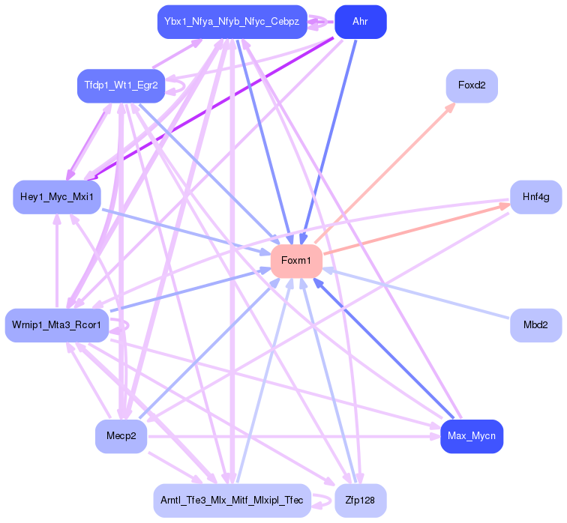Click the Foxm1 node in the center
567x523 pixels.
(296, 261)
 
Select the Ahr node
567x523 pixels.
(360, 22)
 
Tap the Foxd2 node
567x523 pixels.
(472, 85)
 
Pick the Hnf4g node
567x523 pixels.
(535, 197)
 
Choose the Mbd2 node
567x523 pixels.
(535, 325)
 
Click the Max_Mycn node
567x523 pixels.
(471, 436)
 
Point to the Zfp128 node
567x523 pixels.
(360, 500)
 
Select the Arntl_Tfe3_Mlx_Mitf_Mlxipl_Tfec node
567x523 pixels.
(232, 500)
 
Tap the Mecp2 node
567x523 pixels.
(121, 436)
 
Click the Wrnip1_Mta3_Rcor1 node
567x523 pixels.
(57, 325)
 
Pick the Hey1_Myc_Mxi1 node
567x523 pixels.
(57, 197)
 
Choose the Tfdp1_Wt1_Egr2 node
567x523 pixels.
(121, 85)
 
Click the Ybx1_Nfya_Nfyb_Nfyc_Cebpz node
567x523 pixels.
(232, 22)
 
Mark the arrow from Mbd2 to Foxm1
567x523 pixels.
(420, 294)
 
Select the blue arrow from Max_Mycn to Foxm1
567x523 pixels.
(382, 348)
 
